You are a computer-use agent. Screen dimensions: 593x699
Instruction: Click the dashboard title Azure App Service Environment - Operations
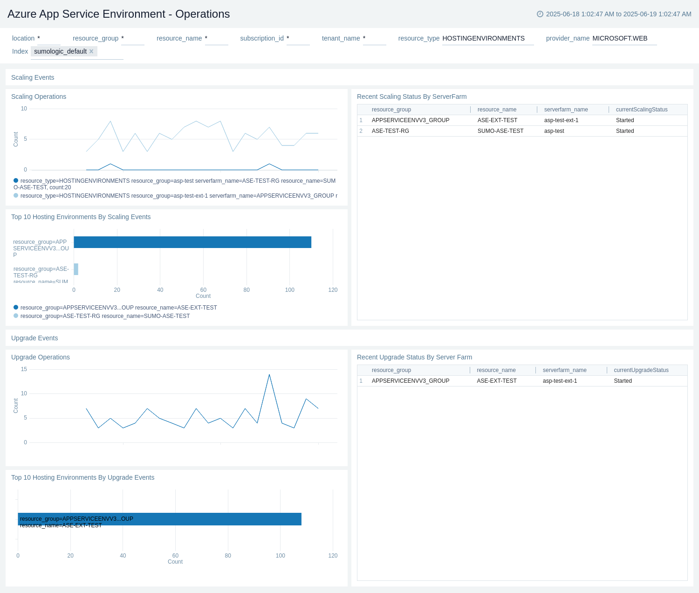[x=118, y=14]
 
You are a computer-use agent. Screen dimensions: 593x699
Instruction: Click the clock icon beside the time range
[x=540, y=14]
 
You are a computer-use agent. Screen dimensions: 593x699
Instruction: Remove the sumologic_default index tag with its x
[x=91, y=51]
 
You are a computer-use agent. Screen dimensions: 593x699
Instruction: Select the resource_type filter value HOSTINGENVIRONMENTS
[x=483, y=38]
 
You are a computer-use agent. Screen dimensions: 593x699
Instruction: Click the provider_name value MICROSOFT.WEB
[x=620, y=38]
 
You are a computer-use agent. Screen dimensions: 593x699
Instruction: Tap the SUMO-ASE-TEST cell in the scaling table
[x=500, y=131]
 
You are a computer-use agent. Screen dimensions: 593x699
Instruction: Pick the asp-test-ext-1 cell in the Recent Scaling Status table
[x=561, y=120]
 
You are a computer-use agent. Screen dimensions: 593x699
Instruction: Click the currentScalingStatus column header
[x=641, y=110]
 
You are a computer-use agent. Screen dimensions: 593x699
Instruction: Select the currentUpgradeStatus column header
[x=641, y=370]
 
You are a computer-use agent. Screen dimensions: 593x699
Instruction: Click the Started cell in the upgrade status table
[x=623, y=381]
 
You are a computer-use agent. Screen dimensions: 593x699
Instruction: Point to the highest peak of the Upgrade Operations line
[x=269, y=375]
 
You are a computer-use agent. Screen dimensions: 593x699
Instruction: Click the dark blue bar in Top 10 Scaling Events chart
[x=192, y=242]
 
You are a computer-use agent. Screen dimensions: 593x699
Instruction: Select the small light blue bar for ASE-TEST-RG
[x=76, y=269]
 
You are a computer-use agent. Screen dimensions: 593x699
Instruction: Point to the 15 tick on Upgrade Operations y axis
[x=24, y=369]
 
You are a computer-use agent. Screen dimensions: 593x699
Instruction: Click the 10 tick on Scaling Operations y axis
[x=24, y=109]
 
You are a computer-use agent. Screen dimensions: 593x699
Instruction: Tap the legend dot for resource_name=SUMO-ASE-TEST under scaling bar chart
[x=16, y=316]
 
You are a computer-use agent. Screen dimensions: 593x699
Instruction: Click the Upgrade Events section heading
[x=34, y=338]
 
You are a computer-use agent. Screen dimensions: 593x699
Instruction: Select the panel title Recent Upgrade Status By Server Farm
[x=414, y=357]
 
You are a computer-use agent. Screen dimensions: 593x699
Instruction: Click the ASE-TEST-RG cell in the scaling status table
[x=390, y=131]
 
